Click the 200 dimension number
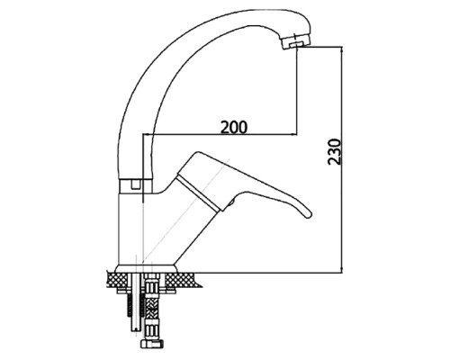234,127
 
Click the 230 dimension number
335,151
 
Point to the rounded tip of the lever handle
308,214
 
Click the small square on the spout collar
136,184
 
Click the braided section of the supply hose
150,310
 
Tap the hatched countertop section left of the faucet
112,280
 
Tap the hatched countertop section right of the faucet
182,280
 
